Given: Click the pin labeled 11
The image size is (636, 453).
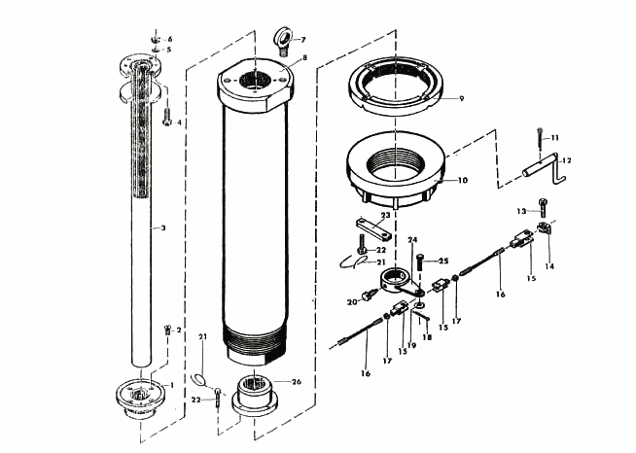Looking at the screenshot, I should (x=537, y=142).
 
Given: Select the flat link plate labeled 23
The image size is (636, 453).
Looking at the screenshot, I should (x=371, y=231).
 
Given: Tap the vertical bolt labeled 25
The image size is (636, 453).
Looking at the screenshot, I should (x=419, y=261).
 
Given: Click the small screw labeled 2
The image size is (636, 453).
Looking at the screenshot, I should (x=165, y=329).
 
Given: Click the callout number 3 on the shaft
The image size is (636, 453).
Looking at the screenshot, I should (x=163, y=227).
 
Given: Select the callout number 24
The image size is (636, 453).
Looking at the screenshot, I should (x=412, y=239).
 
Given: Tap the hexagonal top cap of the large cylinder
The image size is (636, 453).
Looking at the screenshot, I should (x=256, y=86).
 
